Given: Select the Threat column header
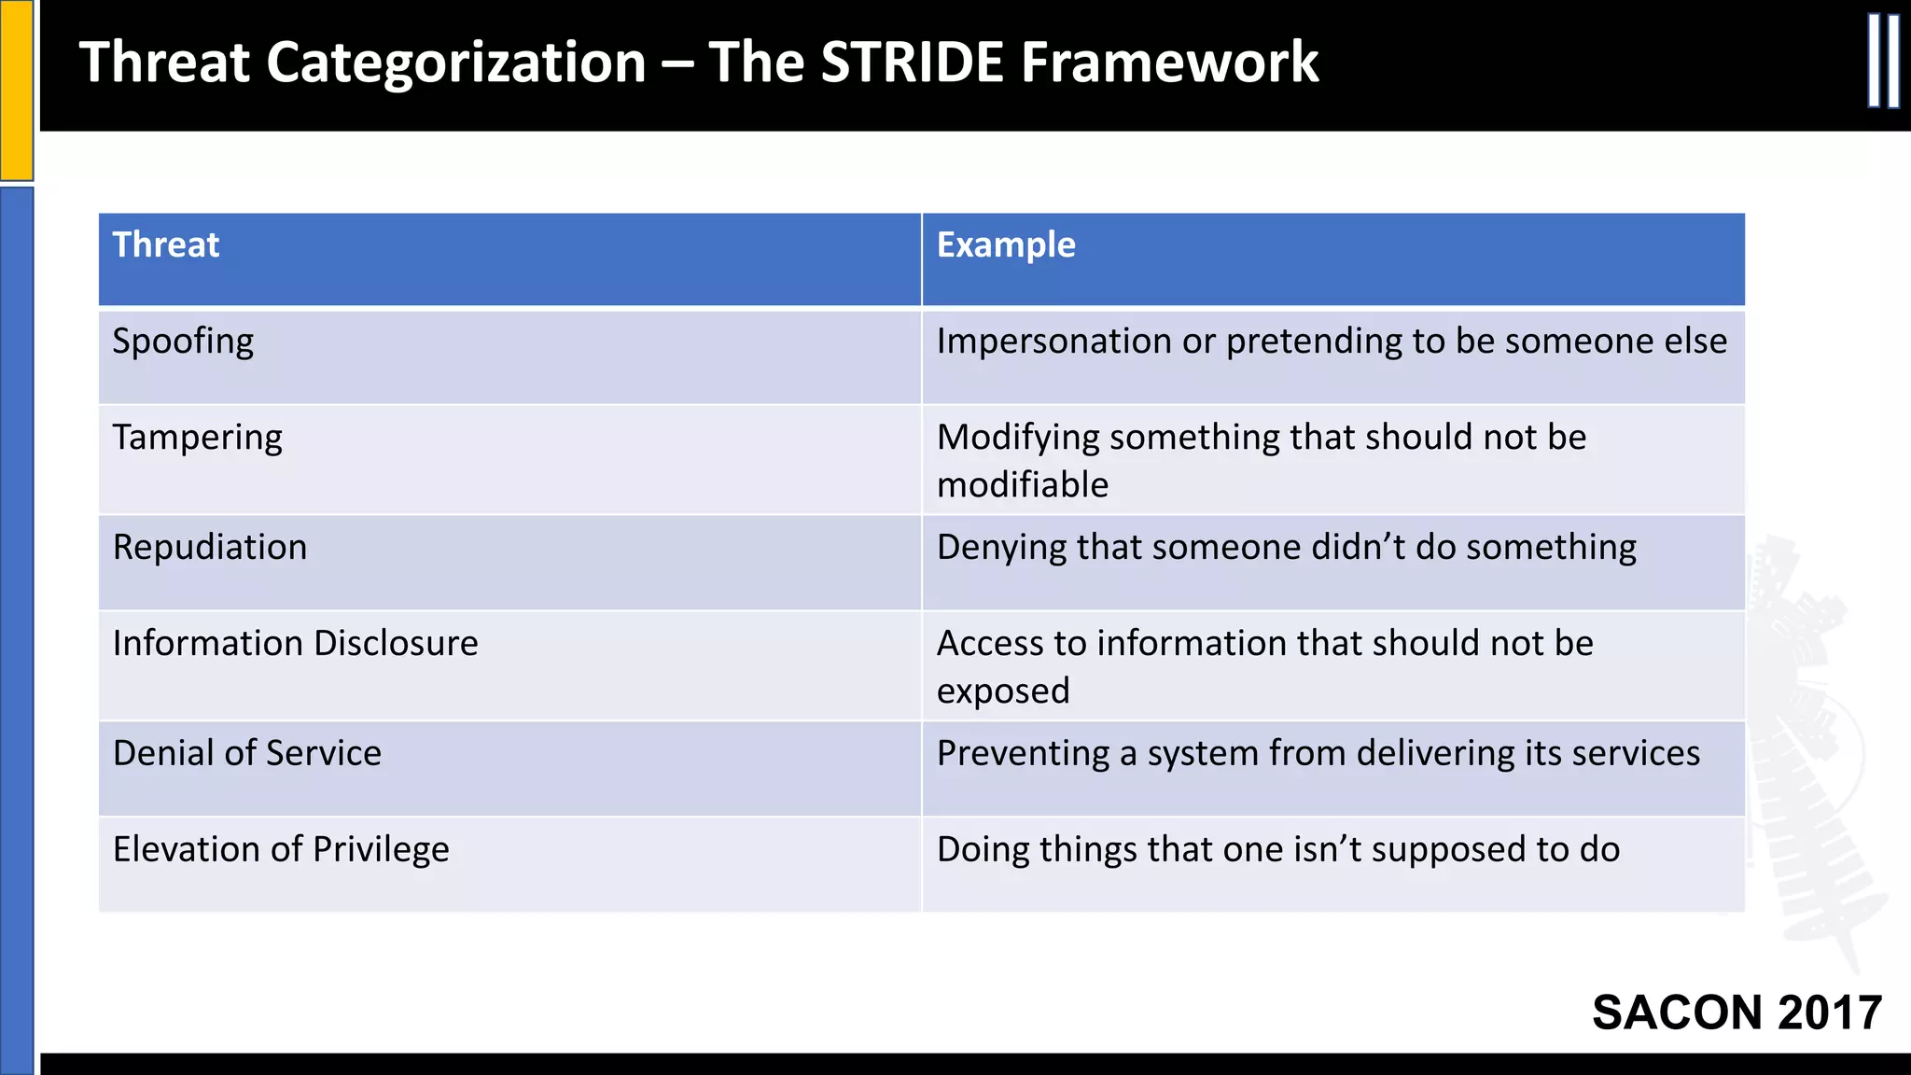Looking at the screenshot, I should coord(166,245).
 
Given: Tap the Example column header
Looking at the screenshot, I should coord(1006,245).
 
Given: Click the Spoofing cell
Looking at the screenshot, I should coord(183,342).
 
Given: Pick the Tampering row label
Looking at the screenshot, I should coord(197,438).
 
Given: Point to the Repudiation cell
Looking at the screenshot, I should coord(210,548).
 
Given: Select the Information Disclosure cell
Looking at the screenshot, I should coord(295,644).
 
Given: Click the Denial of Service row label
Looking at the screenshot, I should coord(247,753).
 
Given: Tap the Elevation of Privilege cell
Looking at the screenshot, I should coord(281,849).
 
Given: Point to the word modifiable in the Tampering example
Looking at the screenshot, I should coord(1023,485).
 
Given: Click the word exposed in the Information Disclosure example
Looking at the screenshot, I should coord(1003,691).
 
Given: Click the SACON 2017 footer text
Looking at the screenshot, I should coord(1737,1012).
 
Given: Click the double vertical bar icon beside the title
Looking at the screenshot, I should coord(1883,62).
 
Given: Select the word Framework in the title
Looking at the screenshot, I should coord(1169,63).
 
